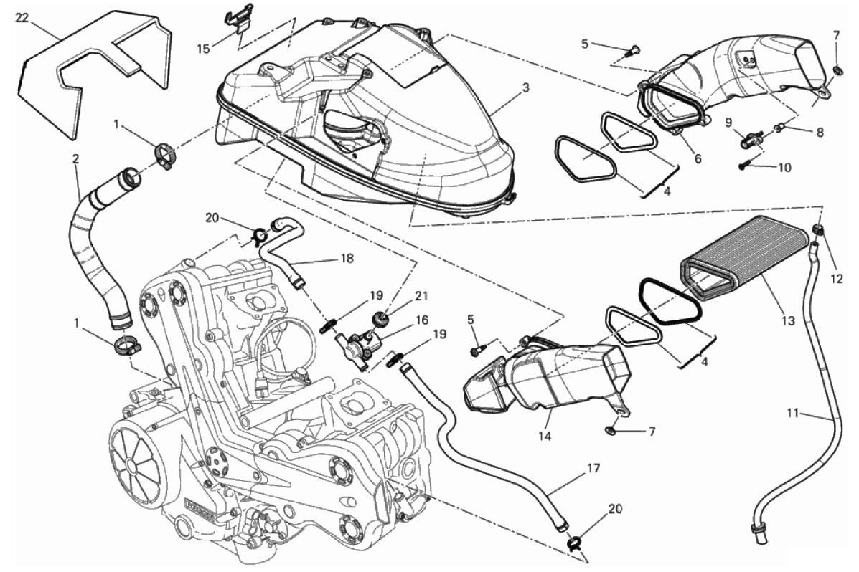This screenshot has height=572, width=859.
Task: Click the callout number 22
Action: tap(22, 18)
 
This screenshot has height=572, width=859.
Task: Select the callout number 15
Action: tap(203, 49)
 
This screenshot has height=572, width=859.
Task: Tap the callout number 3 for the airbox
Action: tap(525, 87)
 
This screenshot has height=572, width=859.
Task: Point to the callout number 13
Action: tap(788, 321)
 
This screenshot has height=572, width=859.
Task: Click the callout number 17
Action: tap(594, 469)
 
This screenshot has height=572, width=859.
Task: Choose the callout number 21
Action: tap(421, 296)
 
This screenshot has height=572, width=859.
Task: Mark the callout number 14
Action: tap(545, 437)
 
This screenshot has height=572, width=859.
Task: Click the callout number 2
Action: tap(75, 158)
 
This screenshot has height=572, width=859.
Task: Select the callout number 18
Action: tap(347, 258)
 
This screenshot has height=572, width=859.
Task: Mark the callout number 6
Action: tap(698, 158)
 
